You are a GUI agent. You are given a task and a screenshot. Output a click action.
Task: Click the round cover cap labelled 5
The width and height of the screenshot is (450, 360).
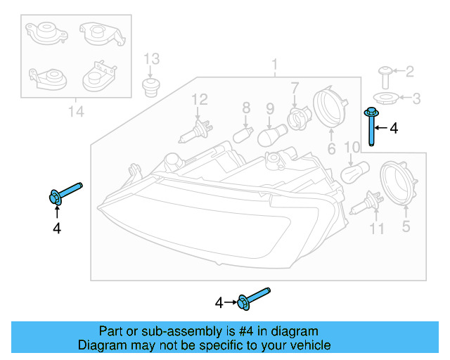399,185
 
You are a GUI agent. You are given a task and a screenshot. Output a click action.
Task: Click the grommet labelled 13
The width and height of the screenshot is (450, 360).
149,87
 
